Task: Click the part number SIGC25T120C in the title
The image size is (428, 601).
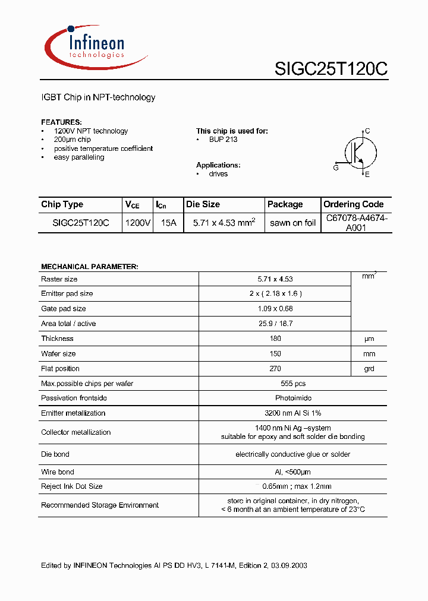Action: click(x=331, y=69)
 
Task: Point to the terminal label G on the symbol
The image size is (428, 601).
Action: click(x=336, y=168)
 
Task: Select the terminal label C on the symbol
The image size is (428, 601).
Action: click(x=367, y=131)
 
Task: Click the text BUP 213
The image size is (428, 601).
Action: click(x=223, y=140)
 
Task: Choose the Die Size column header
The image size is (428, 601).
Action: click(x=203, y=204)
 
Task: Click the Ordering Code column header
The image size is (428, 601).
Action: click(x=354, y=204)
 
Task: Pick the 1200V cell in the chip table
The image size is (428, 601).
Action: click(x=137, y=223)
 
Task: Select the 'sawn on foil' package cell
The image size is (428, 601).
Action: click(x=292, y=223)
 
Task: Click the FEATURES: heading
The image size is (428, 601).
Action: click(x=61, y=122)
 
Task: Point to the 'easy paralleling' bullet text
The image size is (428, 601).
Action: click(x=79, y=157)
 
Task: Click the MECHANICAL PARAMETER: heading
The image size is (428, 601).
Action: click(x=89, y=267)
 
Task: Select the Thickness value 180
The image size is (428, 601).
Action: click(x=275, y=339)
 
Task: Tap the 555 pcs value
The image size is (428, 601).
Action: click(x=275, y=384)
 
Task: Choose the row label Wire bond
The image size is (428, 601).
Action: click(x=58, y=472)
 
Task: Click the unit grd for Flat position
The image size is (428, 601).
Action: click(x=369, y=369)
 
